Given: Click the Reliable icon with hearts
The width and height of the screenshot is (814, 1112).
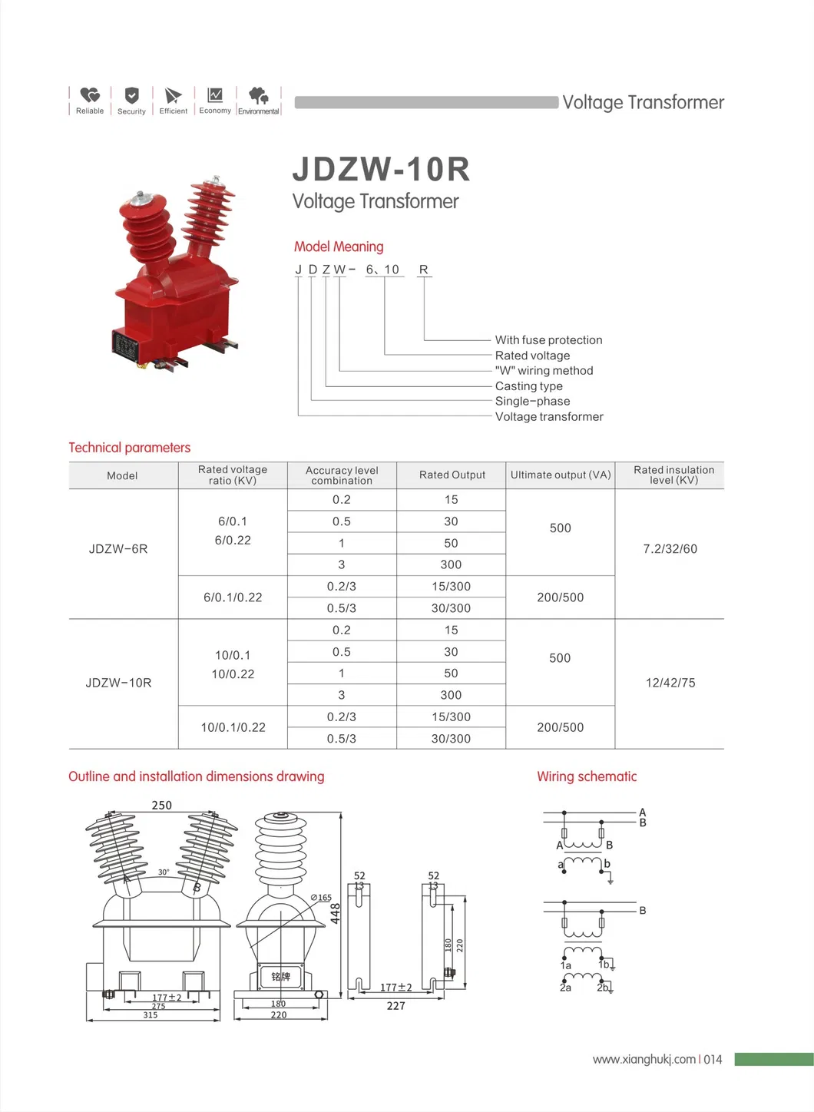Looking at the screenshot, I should [x=90, y=95].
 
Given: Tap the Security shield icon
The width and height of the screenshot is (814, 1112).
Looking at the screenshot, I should [x=131, y=95].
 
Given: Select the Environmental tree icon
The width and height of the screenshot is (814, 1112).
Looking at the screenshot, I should [x=259, y=95].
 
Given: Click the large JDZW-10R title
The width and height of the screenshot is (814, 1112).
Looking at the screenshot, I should [x=381, y=170].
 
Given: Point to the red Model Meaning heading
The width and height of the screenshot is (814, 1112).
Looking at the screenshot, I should [x=339, y=247].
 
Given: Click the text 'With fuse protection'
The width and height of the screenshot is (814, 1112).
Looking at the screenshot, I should [x=548, y=340].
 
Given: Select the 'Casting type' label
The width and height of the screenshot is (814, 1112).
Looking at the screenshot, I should [x=528, y=386].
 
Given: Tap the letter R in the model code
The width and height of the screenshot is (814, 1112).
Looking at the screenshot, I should [x=423, y=270].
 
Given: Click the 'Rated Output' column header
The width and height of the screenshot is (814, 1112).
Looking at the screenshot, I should [x=452, y=475].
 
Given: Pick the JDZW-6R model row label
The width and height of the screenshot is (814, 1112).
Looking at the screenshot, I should [x=118, y=549].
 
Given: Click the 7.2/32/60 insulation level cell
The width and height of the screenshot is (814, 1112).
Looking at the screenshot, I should [x=670, y=549].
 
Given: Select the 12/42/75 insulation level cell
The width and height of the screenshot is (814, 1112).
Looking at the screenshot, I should [x=670, y=683].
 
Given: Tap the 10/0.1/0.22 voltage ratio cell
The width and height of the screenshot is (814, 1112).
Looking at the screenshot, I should [x=233, y=727].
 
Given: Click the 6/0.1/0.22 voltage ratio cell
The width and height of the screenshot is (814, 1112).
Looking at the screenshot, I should [x=233, y=597].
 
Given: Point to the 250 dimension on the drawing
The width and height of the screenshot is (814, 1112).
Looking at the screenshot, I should [x=161, y=806].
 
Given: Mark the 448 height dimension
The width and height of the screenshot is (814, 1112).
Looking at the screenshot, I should [x=336, y=913].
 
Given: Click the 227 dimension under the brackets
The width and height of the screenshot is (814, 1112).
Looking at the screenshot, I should [x=395, y=1006].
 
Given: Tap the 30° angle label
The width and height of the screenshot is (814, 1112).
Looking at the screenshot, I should [x=164, y=872].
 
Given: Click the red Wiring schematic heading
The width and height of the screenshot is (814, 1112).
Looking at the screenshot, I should [x=587, y=776].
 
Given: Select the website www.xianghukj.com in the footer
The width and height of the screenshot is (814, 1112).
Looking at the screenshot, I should [x=644, y=1059].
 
